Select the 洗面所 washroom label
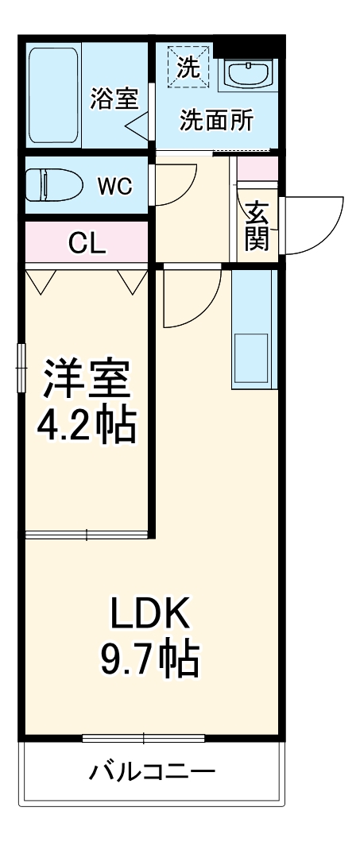click(216, 121)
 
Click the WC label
click(114, 187)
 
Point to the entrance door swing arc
click(314, 226)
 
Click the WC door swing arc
click(175, 184)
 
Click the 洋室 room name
click(86, 380)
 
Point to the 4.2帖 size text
click(86, 427)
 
